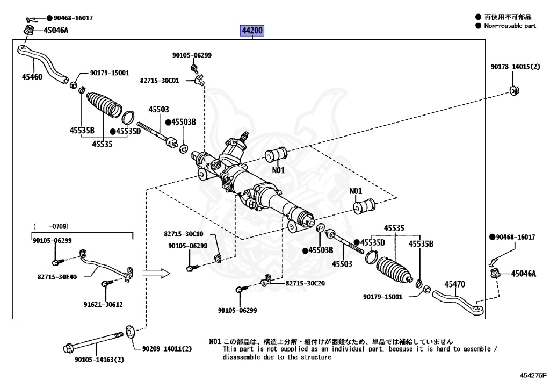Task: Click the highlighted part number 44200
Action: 252,31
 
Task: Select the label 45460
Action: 32,76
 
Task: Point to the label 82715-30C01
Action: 159,80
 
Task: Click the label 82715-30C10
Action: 184,234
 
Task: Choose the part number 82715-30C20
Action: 305,283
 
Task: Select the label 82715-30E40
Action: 56,277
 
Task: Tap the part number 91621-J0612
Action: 103,304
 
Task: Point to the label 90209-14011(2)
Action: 167,349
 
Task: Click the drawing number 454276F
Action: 532,374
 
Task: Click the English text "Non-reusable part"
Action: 510,26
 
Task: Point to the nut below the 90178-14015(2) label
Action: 513,90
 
